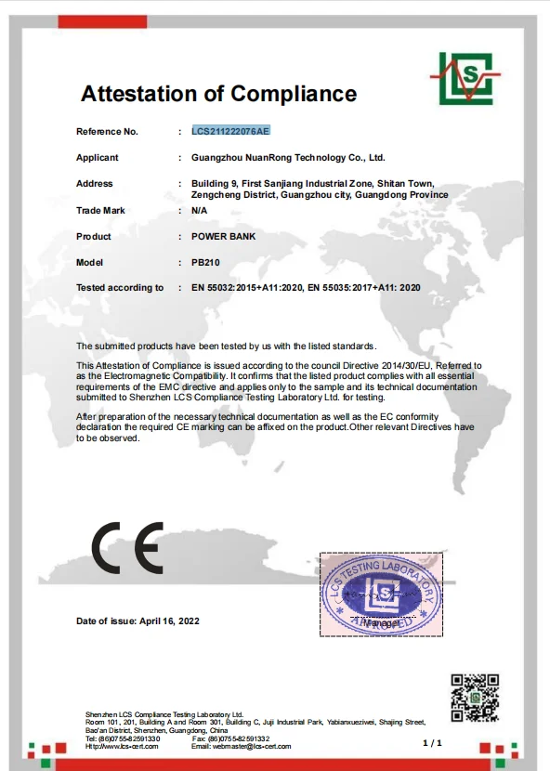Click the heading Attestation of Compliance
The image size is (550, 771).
(218, 94)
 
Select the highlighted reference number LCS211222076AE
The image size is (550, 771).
(230, 132)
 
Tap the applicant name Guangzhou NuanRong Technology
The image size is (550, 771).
(288, 158)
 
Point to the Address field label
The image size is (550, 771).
(94, 184)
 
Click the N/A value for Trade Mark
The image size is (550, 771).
(199, 211)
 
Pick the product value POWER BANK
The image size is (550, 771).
(223, 237)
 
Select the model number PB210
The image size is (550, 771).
(205, 263)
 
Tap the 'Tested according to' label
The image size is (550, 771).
(120, 288)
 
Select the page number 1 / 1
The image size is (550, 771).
(433, 743)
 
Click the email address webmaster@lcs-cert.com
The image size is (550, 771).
(241, 746)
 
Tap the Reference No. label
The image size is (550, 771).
(107, 132)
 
